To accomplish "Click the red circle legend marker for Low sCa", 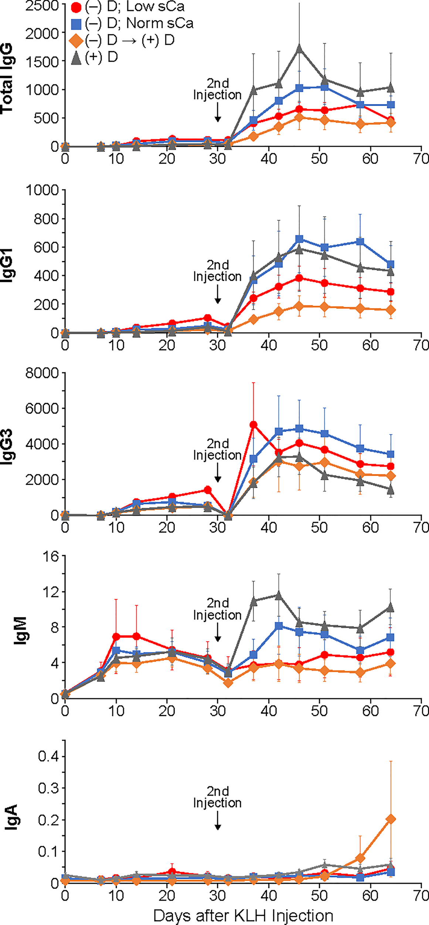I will (x=76, y=7).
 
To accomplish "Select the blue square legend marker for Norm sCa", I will (x=76, y=24).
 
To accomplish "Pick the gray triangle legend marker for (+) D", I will (x=76, y=57).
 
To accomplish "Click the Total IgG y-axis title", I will (x=7, y=78).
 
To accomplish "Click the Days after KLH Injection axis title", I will (x=243, y=916).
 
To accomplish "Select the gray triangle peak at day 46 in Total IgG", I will (x=300, y=48).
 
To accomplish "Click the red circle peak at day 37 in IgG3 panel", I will (x=253, y=425).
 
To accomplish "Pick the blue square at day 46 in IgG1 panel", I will (x=300, y=239).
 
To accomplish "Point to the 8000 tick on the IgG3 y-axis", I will (x=42, y=373).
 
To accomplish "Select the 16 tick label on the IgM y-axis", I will (x=52, y=556).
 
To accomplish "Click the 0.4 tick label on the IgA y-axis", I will (x=48, y=756).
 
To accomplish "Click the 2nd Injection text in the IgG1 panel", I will (x=217, y=271).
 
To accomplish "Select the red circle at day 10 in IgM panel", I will (x=116, y=637).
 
